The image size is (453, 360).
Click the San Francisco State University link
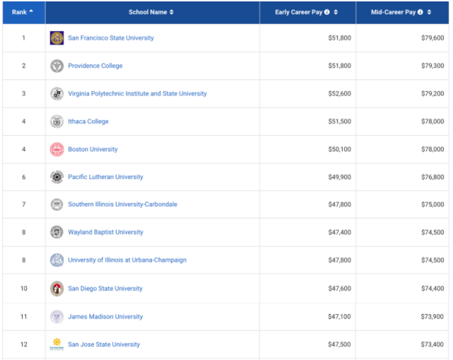pyautogui.click(x=110, y=37)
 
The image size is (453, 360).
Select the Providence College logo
pyautogui.click(x=57, y=66)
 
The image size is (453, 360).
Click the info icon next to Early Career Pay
pyautogui.click(x=327, y=12)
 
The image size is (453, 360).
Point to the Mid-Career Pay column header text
pyautogui.click(x=393, y=12)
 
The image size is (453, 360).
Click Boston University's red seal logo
pyautogui.click(x=57, y=149)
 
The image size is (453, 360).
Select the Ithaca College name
pyautogui.click(x=88, y=122)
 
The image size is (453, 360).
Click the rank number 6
pyautogui.click(x=23, y=177)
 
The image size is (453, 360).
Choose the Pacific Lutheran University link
pyautogui.click(x=105, y=177)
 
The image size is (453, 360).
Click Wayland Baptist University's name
pyautogui.click(x=105, y=232)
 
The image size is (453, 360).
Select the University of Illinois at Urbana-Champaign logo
pyautogui.click(x=57, y=260)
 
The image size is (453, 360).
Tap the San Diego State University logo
pyautogui.click(x=57, y=289)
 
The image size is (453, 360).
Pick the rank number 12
pyautogui.click(x=23, y=344)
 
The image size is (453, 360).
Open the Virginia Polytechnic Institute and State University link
pyautogui.click(x=137, y=93)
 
